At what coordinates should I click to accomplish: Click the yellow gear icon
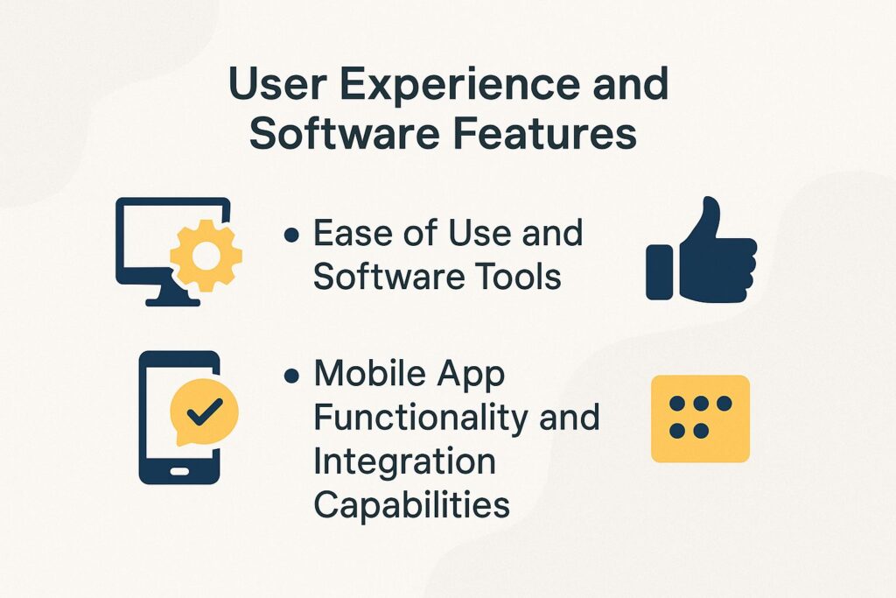[206, 255]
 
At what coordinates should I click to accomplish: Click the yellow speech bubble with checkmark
[204, 410]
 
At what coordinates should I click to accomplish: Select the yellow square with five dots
[700, 419]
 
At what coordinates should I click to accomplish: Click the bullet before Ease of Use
[292, 236]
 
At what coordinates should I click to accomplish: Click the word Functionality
[420, 418]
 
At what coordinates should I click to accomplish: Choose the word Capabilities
[411, 505]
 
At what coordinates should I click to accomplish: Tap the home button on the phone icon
[179, 471]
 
